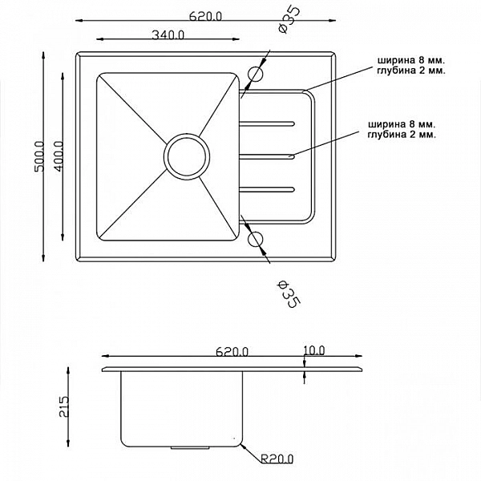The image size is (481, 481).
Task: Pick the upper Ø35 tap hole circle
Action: pos(256,74)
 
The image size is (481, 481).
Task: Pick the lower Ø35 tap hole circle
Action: pos(256,239)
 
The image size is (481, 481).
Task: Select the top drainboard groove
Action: pos(268,123)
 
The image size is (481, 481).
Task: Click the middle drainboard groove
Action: pos(268,156)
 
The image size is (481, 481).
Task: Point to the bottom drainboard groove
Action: pos(268,190)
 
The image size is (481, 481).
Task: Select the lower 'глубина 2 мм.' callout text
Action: pos(401,135)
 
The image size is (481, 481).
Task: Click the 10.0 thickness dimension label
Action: pos(313,350)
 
